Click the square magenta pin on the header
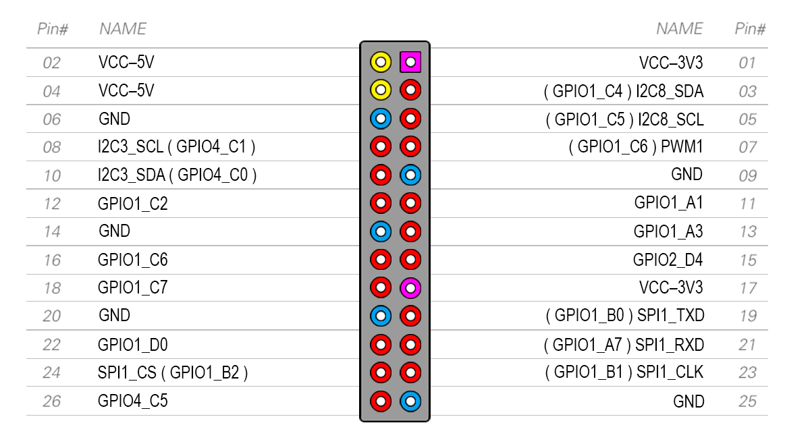click(410, 63)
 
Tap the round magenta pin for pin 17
click(410, 288)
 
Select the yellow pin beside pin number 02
click(381, 63)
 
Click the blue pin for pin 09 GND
click(410, 175)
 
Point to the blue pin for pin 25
click(410, 401)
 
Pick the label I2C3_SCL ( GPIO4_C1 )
click(177, 146)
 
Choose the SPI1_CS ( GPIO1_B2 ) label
click(173, 372)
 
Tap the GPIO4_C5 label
click(133, 401)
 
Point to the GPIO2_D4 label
click(668, 260)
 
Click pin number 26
click(51, 401)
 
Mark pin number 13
click(747, 232)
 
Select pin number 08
click(51, 148)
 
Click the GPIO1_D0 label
click(133, 345)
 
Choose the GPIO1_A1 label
click(668, 203)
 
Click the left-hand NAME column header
click(123, 29)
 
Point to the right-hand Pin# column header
click(750, 29)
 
